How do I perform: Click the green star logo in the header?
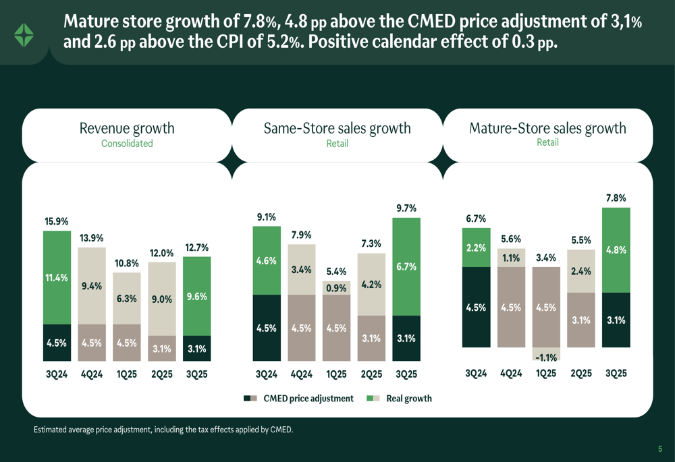(24, 35)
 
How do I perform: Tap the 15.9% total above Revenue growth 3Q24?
(57, 221)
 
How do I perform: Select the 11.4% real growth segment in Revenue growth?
(57, 277)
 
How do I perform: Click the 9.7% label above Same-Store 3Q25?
(406, 208)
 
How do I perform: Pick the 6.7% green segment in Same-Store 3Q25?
(406, 266)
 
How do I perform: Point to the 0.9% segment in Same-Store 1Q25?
(336, 288)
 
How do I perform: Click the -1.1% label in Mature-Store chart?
(545, 357)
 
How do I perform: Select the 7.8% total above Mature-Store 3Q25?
(616, 198)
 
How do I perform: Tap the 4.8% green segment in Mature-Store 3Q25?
(616, 250)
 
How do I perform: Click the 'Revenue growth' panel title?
(127, 128)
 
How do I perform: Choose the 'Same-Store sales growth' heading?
(337, 128)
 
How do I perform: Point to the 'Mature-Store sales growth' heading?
(547, 128)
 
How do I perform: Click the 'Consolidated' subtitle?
(127, 144)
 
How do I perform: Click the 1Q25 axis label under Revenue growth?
(127, 374)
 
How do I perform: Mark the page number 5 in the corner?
(660, 449)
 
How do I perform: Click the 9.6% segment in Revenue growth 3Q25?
(196, 295)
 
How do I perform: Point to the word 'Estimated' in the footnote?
(51, 430)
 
